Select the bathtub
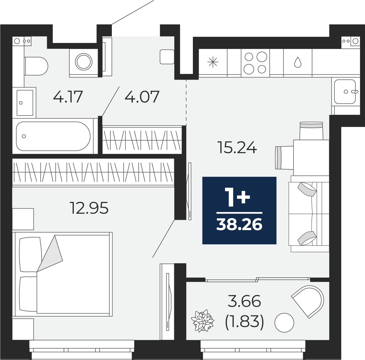[53, 136]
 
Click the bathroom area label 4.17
[68, 97]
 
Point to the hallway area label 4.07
[142, 97]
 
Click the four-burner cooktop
[255, 63]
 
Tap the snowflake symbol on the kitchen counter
[213, 62]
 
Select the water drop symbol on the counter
[297, 62]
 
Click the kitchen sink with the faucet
[345, 91]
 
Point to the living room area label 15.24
[237, 148]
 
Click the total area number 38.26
[239, 225]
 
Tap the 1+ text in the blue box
[238, 197]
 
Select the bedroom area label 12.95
[89, 208]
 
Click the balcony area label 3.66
[244, 301]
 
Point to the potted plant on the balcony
[202, 321]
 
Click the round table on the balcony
[284, 323]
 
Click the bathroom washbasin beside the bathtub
[25, 102]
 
